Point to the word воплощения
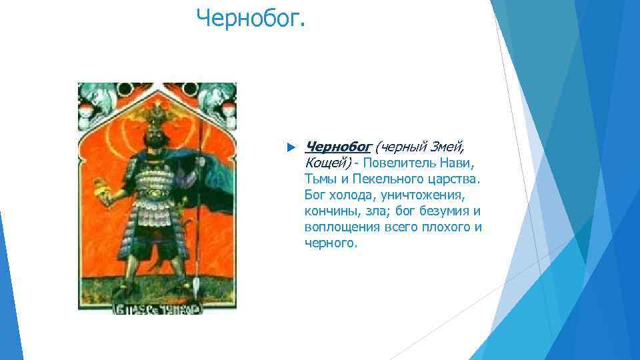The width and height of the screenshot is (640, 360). pyautogui.click(x=341, y=227)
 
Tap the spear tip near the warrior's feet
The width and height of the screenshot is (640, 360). pyautogui.click(x=196, y=287)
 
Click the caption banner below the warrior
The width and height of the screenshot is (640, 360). pyautogui.click(x=157, y=309)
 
